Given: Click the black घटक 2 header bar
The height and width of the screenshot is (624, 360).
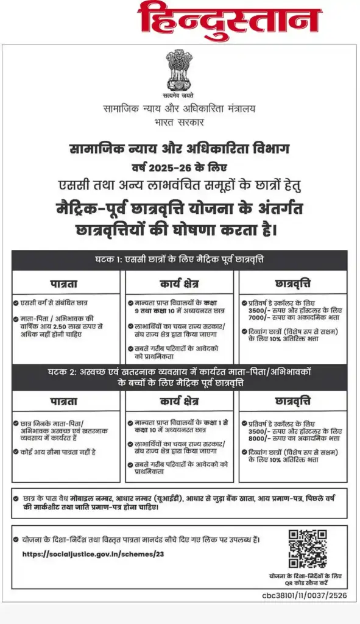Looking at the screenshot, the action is [179, 378].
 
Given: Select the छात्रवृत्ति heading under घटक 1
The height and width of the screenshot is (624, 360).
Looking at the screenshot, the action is [293, 283].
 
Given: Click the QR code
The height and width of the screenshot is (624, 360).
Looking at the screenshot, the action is [308, 550].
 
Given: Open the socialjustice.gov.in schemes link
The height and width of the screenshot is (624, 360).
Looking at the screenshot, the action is [93, 554].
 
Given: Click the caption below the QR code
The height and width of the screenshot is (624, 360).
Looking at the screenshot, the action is [306, 579].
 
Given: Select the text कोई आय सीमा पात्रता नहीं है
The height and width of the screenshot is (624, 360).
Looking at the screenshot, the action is [58, 452].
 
